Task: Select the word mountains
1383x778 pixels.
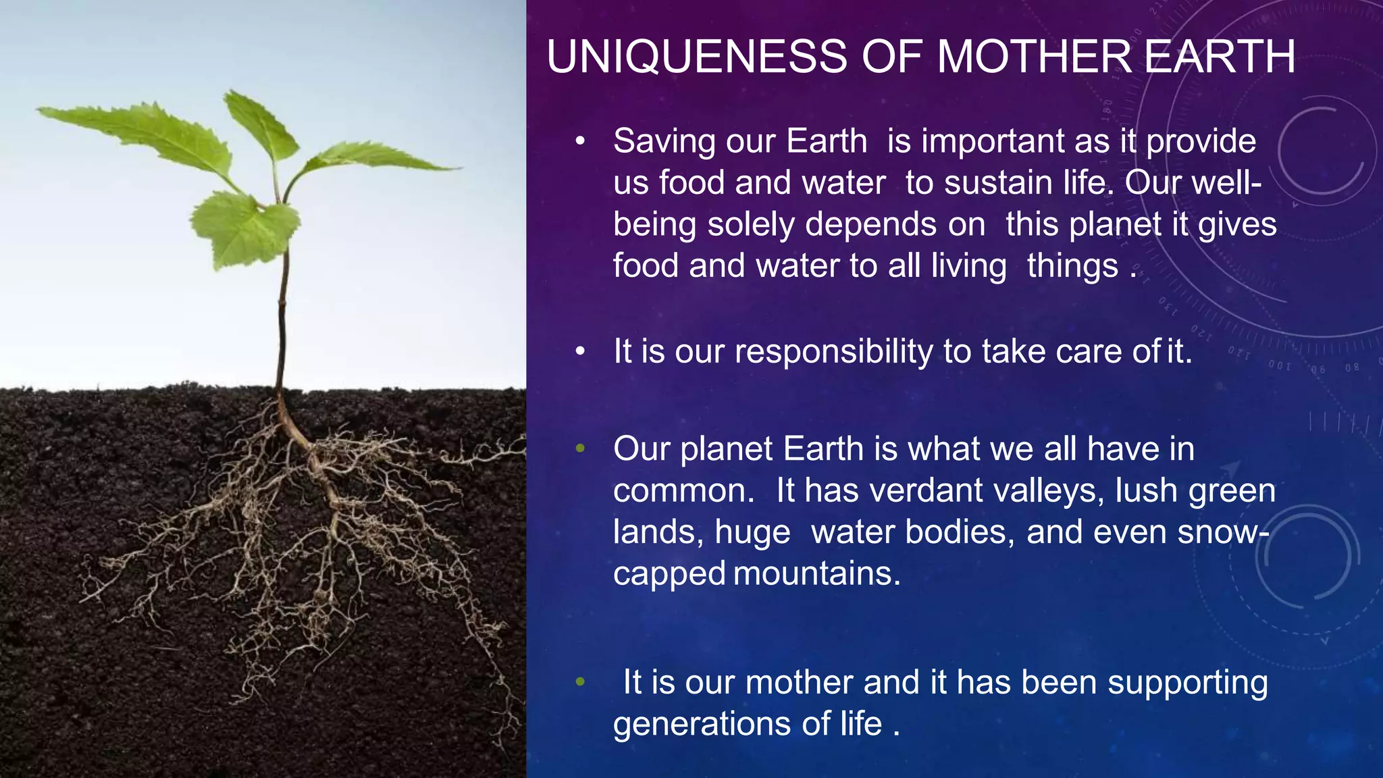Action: click(817, 574)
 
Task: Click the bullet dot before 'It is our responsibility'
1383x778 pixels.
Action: click(580, 352)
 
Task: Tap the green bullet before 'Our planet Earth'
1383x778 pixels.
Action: click(580, 448)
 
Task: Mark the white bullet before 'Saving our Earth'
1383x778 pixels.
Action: click(580, 142)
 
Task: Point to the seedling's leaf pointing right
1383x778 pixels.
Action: click(378, 159)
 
